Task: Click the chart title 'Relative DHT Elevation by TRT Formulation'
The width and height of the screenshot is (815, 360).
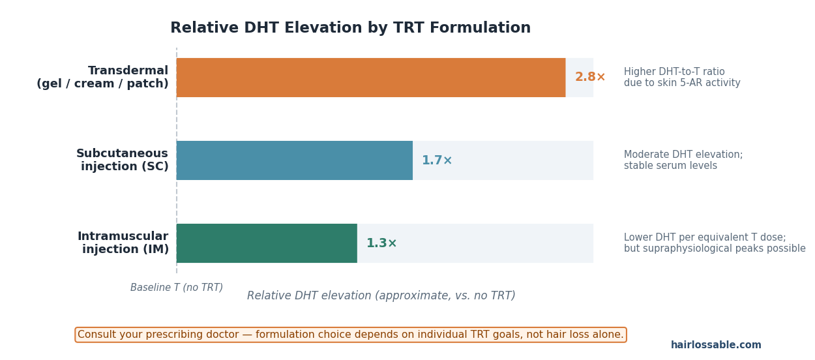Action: pyautogui.click(x=350, y=28)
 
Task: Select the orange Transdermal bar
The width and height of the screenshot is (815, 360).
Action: pyautogui.click(x=370, y=78)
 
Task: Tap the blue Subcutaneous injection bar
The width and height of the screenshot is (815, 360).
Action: pyautogui.click(x=294, y=160)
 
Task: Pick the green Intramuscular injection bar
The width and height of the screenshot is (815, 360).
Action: pyautogui.click(x=267, y=243)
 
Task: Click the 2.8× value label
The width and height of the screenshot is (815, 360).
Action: pyautogui.click(x=590, y=78)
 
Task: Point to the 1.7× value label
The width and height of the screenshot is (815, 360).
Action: pyautogui.click(x=437, y=160)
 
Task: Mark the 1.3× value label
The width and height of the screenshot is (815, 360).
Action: pyautogui.click(x=381, y=243)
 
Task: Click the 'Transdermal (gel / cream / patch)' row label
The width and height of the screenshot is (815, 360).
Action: pyautogui.click(x=103, y=78)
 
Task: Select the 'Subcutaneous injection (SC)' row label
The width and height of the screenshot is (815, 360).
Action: pyautogui.click(x=123, y=160)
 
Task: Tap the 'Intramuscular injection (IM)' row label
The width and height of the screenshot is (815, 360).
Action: pyautogui.click(x=123, y=243)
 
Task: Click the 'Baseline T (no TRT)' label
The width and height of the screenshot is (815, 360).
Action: pyautogui.click(x=177, y=288)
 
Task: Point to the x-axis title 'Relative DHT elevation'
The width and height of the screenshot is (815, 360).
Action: pyautogui.click(x=381, y=296)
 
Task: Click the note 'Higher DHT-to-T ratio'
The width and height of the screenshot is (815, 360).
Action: pyautogui.click(x=674, y=72)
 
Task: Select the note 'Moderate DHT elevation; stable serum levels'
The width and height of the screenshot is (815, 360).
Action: pyautogui.click(x=683, y=160)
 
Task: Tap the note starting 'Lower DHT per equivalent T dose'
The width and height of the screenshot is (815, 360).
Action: pyautogui.click(x=705, y=238)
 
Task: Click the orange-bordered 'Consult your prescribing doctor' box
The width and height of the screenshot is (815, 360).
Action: pyautogui.click(x=350, y=335)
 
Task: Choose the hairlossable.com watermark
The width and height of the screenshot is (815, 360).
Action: pyautogui.click(x=716, y=346)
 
